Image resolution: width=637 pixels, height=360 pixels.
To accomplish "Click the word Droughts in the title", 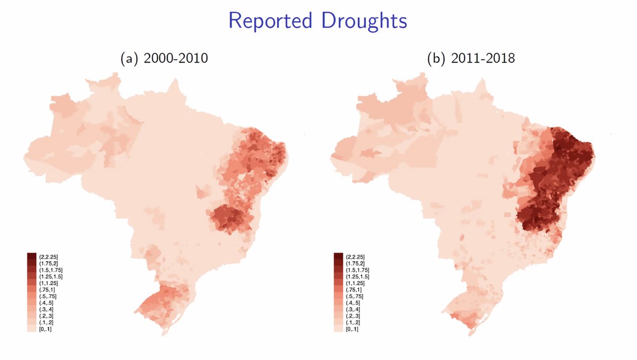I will pyautogui.click(x=361, y=21).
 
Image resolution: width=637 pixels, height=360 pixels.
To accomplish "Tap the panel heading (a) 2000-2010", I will pyautogui.click(x=164, y=59).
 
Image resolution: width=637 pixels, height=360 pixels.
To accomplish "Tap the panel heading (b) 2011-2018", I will pyautogui.click(x=471, y=59).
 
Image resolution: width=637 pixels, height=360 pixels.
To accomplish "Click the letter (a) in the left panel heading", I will pyautogui.click(x=129, y=59).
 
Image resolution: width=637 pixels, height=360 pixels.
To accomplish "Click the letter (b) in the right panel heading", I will pyautogui.click(x=435, y=59).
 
